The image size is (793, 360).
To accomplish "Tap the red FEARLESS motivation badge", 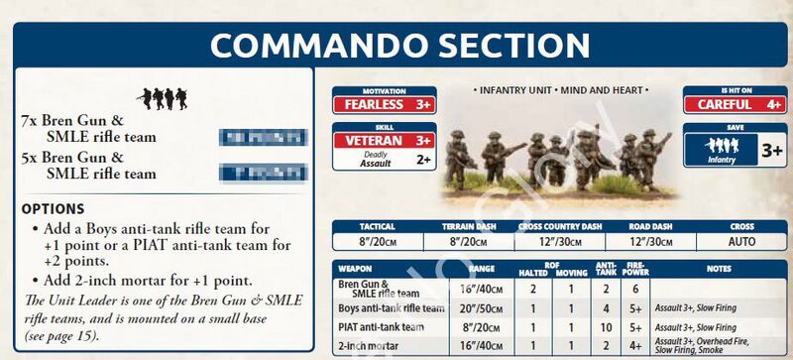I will tap(383, 103).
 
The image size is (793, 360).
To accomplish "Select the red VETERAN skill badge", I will tap(383, 140).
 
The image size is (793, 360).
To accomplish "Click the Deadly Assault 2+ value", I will tap(422, 159).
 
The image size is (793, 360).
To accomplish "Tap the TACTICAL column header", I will tap(378, 226).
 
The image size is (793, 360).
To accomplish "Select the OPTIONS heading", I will tap(52, 209).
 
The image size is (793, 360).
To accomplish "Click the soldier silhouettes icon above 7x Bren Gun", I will tap(161, 97).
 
